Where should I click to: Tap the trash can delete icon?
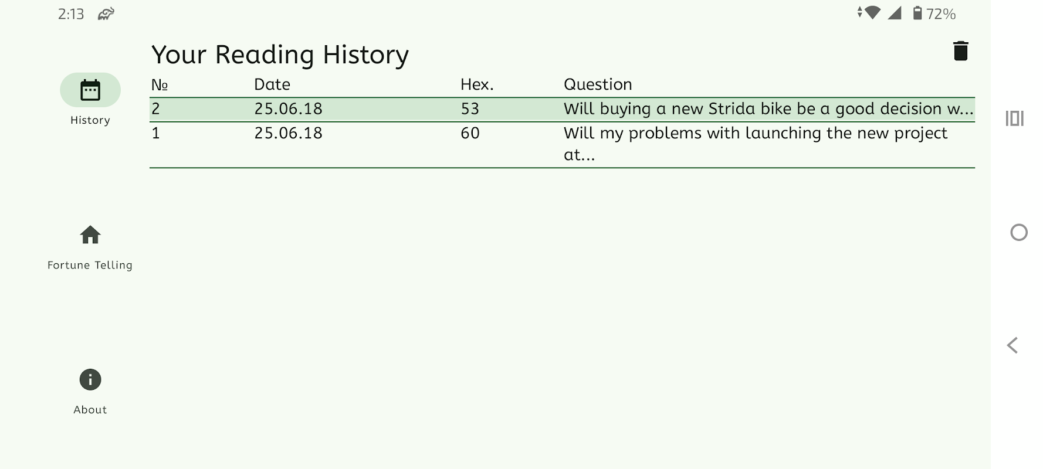click(960, 51)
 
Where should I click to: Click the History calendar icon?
click(90, 90)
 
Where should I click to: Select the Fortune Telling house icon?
click(90, 235)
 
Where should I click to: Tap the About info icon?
click(90, 380)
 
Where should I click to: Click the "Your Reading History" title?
click(280, 55)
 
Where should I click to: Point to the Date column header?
click(272, 84)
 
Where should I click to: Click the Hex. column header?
click(477, 84)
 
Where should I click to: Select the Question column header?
click(598, 84)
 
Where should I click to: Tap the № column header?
click(160, 84)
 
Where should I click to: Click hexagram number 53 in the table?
click(470, 109)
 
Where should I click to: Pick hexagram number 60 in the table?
click(470, 133)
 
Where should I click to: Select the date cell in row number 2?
click(288, 109)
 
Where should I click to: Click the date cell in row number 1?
click(288, 133)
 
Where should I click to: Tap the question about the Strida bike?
click(768, 109)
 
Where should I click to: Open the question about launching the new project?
click(756, 144)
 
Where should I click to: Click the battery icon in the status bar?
click(917, 13)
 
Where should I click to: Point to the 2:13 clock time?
click(71, 14)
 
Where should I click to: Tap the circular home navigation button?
click(1019, 233)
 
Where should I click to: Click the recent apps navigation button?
click(1014, 118)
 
